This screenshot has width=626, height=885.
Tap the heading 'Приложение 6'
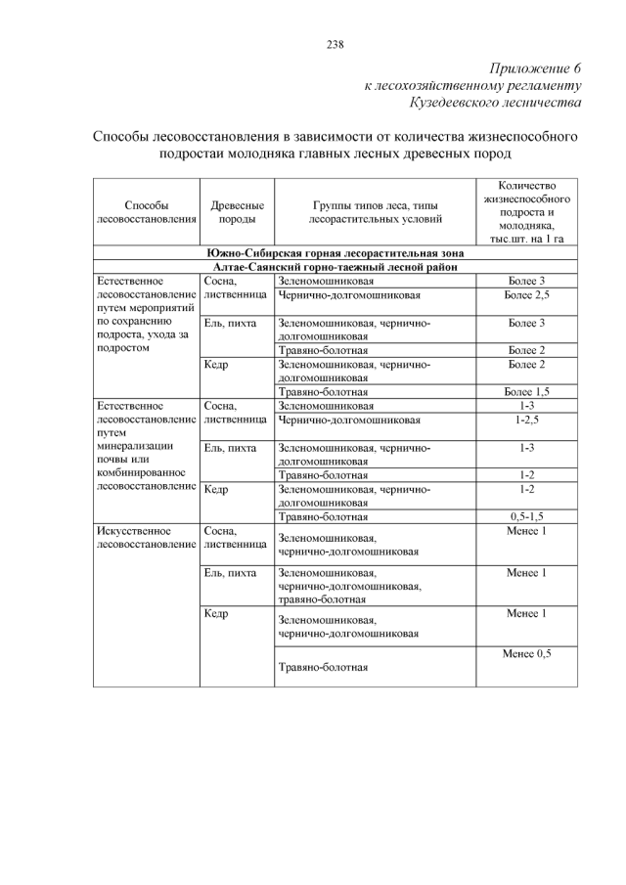pyautogui.click(x=535, y=68)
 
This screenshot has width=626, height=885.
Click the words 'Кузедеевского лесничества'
pyautogui.click(x=496, y=102)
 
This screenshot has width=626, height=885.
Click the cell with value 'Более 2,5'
pyautogui.click(x=526, y=294)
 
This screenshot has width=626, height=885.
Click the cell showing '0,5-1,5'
pyautogui.click(x=526, y=515)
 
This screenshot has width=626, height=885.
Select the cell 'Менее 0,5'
pyautogui.click(x=526, y=653)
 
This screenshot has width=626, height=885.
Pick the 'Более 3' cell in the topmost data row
pyautogui.click(x=526, y=282)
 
